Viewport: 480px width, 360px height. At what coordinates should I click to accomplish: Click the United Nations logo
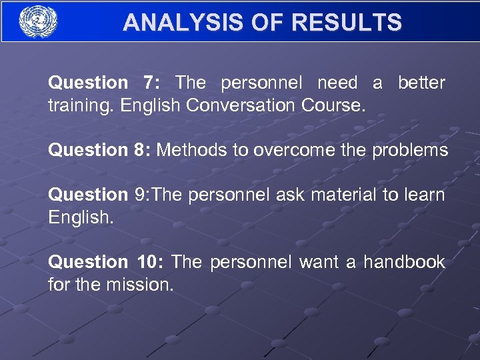point(39,22)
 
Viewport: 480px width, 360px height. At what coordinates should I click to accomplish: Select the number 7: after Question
point(151,83)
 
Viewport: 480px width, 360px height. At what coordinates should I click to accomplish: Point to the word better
point(421,83)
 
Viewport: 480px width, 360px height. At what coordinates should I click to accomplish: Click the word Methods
point(192,150)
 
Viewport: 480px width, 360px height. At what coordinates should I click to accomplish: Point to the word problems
point(410,150)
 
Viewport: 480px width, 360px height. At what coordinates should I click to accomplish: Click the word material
point(340,195)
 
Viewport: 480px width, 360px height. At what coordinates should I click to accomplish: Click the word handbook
point(405,262)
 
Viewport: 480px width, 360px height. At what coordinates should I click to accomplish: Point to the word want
point(319,262)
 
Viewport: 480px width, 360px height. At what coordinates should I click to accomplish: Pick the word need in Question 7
point(337,83)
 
